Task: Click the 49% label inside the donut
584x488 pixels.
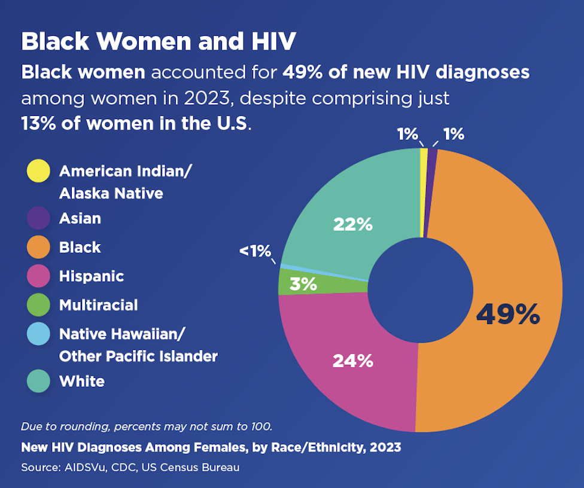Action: tap(508, 315)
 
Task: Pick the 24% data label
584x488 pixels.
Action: tap(353, 361)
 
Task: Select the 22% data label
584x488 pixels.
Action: tap(352, 224)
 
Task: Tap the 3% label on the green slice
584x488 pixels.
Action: tap(303, 284)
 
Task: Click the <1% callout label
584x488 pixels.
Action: tap(255, 251)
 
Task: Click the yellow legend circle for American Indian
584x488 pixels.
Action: tap(39, 172)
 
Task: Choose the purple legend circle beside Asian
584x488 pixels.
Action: tap(39, 218)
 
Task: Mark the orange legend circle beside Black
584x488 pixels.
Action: tap(39, 247)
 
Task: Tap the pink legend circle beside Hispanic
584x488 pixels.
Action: tap(39, 276)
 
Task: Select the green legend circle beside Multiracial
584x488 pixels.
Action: tap(39, 305)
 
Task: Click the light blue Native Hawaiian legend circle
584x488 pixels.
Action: tap(39, 334)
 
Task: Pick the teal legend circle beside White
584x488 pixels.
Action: tap(39, 381)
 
